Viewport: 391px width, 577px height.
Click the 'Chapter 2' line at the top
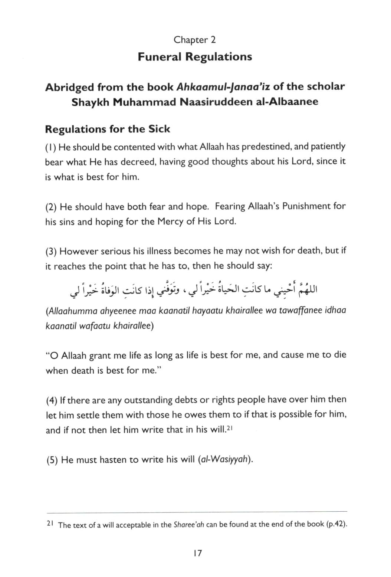tap(195, 40)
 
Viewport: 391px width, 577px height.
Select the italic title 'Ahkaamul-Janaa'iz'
tap(223, 87)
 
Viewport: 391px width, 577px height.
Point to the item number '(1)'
tap(50, 147)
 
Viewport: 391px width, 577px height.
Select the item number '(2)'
tap(51, 207)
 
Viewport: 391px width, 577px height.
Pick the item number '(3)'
tap(51, 252)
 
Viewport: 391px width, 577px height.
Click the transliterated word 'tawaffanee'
tap(302, 311)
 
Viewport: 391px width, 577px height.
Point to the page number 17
tap(197, 554)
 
